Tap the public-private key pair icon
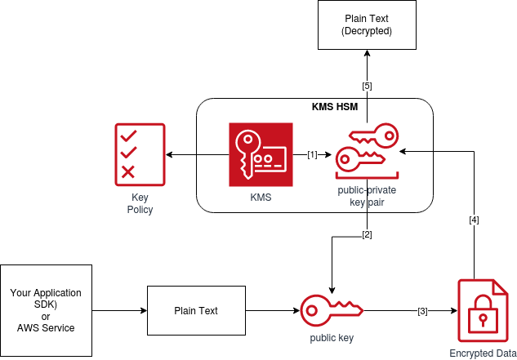(x=367, y=152)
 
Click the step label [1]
(x=312, y=154)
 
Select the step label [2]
(x=367, y=235)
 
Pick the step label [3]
(x=422, y=311)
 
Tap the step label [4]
(x=474, y=220)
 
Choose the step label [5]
(x=367, y=86)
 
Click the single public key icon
(x=332, y=311)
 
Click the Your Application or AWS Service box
(x=46, y=310)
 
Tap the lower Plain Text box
(x=196, y=311)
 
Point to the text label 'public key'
(x=332, y=337)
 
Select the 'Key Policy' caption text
(x=140, y=203)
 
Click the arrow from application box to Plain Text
(x=118, y=311)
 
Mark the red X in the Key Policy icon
(x=128, y=171)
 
